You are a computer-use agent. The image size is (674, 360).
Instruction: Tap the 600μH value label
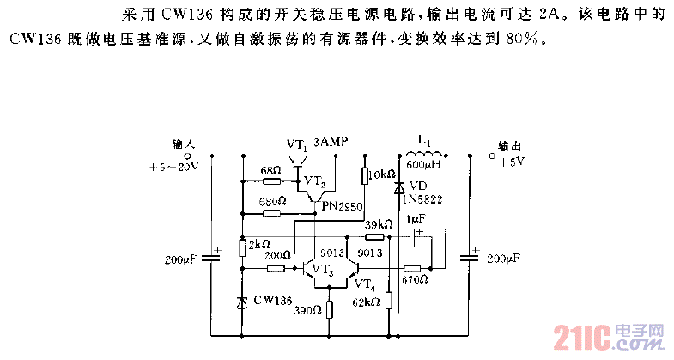click(423, 165)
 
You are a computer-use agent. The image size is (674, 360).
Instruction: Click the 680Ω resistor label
click(270, 202)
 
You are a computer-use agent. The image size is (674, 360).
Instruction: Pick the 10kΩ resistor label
click(380, 175)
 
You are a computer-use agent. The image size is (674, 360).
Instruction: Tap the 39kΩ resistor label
click(378, 224)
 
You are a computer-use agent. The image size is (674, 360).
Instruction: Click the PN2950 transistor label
click(343, 207)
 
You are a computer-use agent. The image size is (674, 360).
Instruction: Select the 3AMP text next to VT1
click(331, 142)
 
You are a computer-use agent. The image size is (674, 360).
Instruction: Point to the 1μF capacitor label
click(416, 220)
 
